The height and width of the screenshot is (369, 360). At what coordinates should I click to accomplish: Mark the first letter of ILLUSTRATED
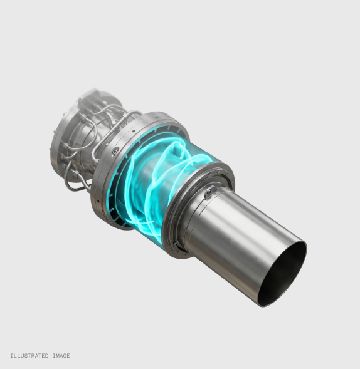point(11,356)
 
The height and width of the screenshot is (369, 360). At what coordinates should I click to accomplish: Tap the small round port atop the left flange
point(116,150)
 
